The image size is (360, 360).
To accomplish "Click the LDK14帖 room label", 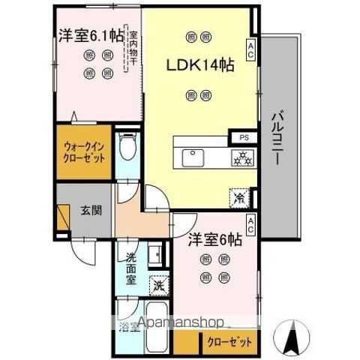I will click(x=200, y=65).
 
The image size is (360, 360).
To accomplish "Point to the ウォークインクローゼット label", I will click(x=84, y=153).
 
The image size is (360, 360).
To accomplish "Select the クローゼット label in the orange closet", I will click(x=230, y=342).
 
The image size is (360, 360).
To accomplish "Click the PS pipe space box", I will click(x=244, y=138).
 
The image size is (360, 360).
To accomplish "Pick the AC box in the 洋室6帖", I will click(x=249, y=222).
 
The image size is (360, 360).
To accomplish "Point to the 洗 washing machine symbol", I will click(x=158, y=285).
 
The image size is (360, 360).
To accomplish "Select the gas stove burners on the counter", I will click(x=242, y=157).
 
